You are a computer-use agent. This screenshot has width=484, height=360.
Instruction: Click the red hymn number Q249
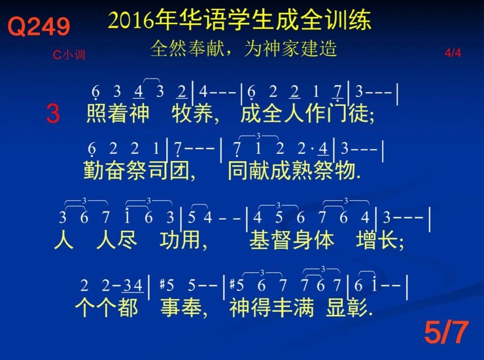[x=39, y=26]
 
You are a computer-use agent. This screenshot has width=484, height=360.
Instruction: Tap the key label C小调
[x=69, y=55]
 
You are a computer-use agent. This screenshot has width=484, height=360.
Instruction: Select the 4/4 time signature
[x=453, y=53]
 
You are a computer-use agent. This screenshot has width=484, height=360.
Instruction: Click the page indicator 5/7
[x=446, y=332]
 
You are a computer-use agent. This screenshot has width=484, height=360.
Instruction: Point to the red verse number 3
[x=53, y=114]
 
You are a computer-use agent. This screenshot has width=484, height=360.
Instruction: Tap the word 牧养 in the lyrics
[x=193, y=114]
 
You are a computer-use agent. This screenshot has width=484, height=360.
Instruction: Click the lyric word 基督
[x=270, y=240]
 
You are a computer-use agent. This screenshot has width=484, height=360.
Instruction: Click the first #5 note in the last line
[x=167, y=285]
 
